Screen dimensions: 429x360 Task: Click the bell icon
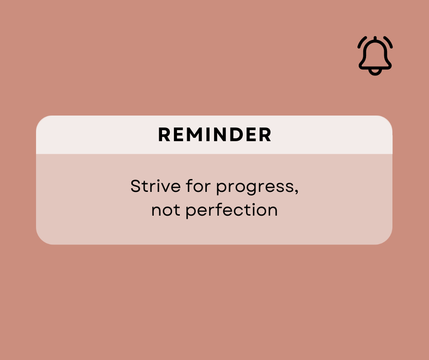[375, 56]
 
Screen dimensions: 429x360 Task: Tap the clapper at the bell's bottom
[375, 73]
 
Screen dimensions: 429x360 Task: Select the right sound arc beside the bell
[388, 42]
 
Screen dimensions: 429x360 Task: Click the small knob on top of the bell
[375, 38]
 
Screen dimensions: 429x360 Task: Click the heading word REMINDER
[215, 134]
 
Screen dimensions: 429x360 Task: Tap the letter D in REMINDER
[237, 134]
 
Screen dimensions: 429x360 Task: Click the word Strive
[156, 186]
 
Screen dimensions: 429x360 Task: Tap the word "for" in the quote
[199, 186]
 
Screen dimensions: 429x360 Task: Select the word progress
[255, 188]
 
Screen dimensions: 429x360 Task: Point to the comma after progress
[297, 192]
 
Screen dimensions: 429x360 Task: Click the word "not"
[166, 211]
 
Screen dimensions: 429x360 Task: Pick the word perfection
[232, 211]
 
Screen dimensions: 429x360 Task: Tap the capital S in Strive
[136, 186]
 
